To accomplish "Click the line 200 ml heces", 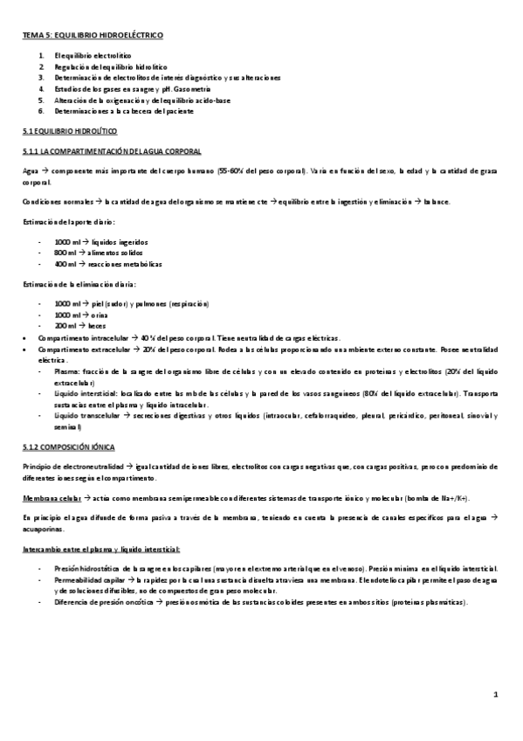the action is coord(74,324).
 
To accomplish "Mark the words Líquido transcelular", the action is coord(85,417).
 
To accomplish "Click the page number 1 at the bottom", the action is coord(495,696).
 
